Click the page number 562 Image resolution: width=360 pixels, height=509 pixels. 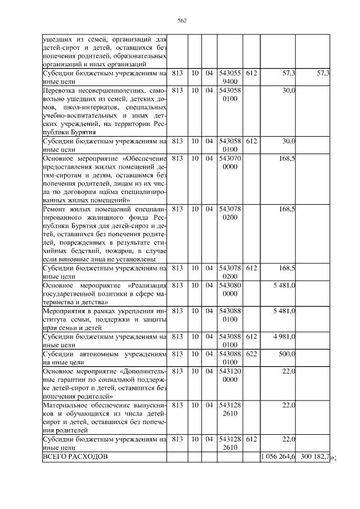tap(182, 21)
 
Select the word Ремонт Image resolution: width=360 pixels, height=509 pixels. tap(55, 210)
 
